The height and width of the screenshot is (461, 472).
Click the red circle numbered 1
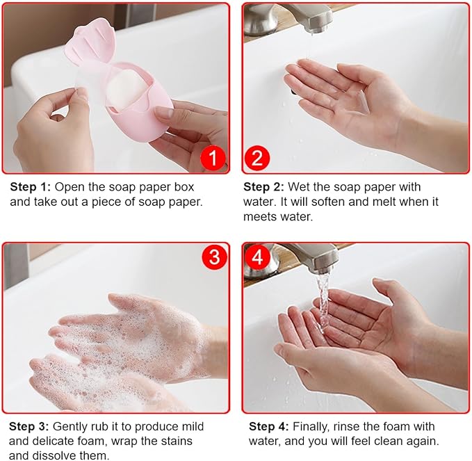pyautogui.click(x=213, y=157)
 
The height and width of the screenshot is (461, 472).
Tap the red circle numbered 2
pyautogui.click(x=257, y=157)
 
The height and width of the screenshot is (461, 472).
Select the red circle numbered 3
pyautogui.click(x=214, y=257)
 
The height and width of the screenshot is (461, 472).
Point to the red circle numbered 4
pyautogui.click(x=257, y=257)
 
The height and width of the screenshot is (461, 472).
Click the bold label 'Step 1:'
pyautogui.click(x=31, y=187)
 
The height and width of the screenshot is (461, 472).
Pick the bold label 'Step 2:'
pyautogui.click(x=263, y=187)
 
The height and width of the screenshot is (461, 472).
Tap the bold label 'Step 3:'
pyautogui.click(x=29, y=426)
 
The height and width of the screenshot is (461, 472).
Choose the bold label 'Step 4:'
pyautogui.click(x=269, y=426)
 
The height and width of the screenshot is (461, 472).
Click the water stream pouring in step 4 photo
pyautogui.click(x=323, y=301)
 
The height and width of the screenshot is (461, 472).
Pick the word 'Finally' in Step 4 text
pyautogui.click(x=311, y=427)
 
